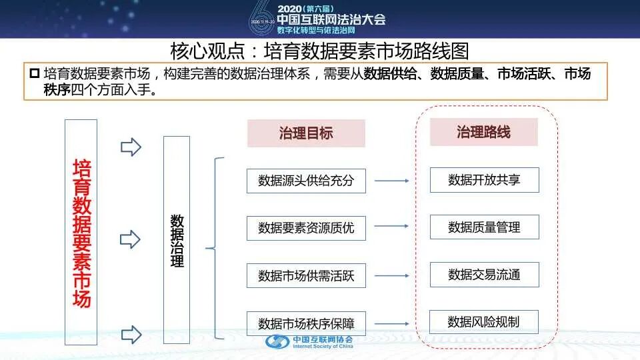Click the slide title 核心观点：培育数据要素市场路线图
pos(320,51)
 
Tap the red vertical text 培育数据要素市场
pos(81,233)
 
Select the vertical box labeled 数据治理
pos(177,240)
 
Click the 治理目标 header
pos(306,133)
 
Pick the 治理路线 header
pos(483,132)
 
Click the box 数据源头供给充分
pos(306,181)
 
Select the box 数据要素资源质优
pos(306,228)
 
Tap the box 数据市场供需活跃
pos(306,275)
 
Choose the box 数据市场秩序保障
pos(306,323)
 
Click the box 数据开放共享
pos(484,180)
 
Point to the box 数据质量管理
pos(484,227)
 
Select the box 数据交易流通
pos(484,275)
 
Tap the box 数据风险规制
pos(484,323)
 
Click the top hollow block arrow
pos(131,147)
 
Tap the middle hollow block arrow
pos(131,239)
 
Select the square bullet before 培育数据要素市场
pos(35,73)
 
